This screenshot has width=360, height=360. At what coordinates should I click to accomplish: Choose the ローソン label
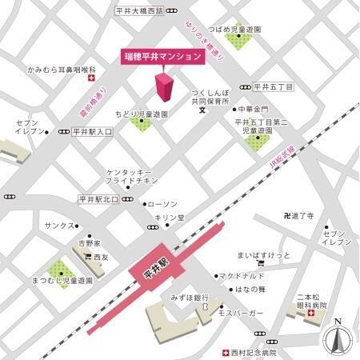164,204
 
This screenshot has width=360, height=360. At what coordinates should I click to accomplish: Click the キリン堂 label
168,217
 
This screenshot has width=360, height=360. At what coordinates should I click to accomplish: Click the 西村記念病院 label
254,352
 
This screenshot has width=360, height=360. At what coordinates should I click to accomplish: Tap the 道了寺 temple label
305,216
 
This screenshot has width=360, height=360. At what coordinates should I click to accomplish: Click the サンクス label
60,226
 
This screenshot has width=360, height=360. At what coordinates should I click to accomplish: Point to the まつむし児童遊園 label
62,282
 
